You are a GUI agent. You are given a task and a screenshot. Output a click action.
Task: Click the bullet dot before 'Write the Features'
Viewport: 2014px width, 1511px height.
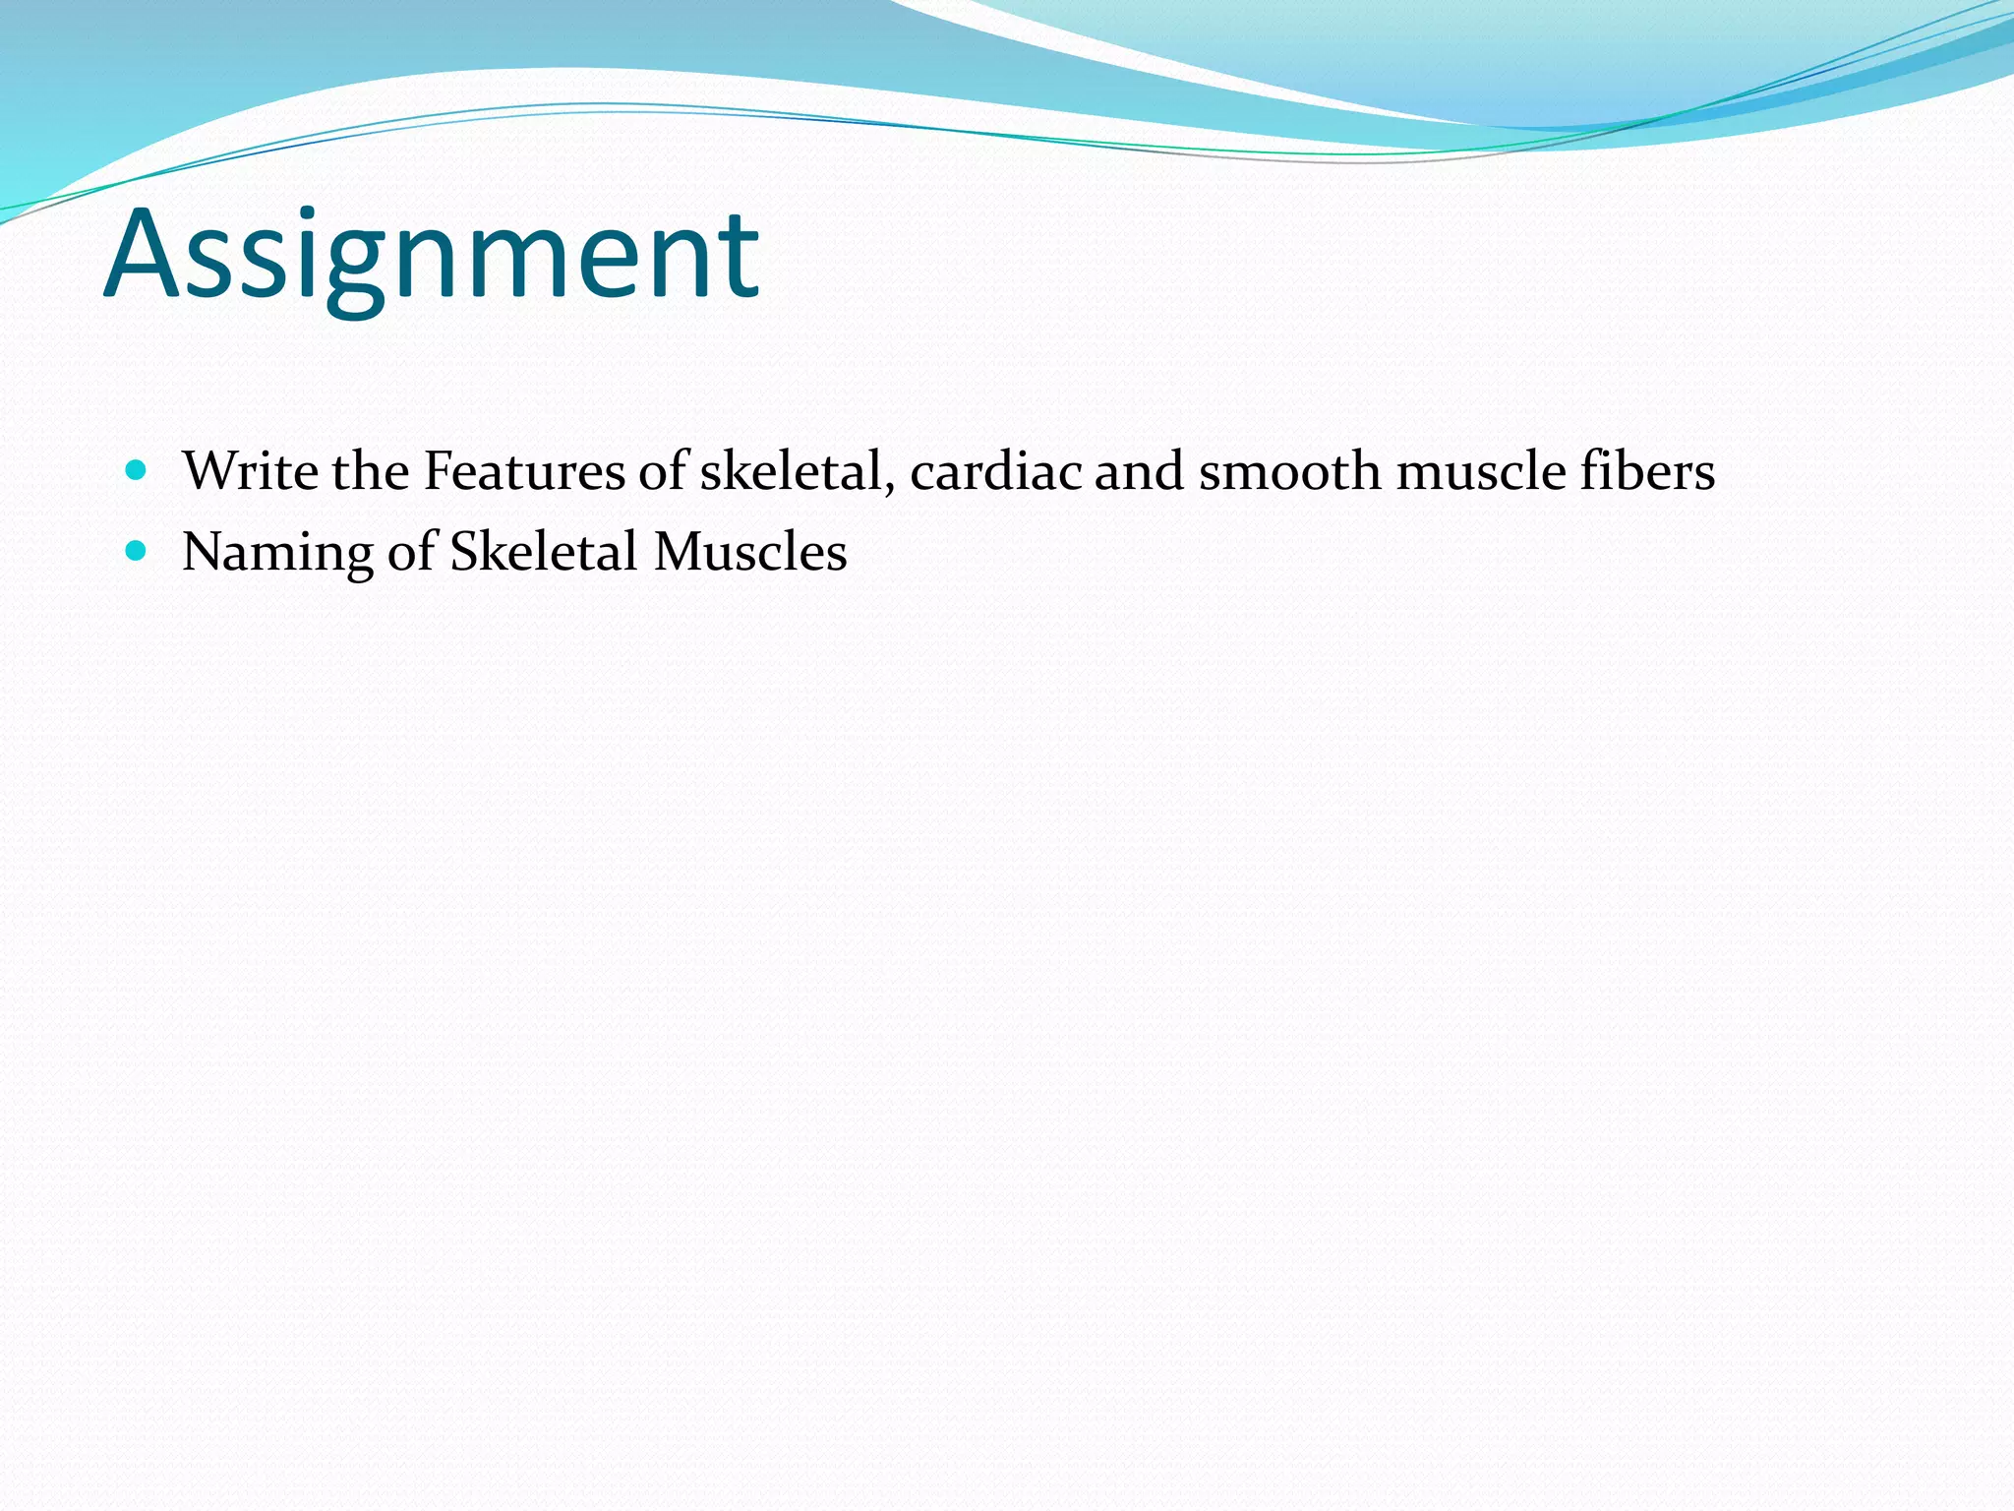click(x=137, y=470)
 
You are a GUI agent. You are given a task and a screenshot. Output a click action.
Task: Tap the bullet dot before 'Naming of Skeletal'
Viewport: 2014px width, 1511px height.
click(x=137, y=551)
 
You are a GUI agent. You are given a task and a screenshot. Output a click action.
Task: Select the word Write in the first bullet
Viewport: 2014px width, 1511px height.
click(x=250, y=471)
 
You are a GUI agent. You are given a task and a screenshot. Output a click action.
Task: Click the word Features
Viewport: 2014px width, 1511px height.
click(x=523, y=471)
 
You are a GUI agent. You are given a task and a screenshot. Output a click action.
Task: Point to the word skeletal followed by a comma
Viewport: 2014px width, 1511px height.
click(x=795, y=471)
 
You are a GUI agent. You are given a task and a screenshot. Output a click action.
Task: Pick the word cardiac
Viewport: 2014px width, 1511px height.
click(x=995, y=471)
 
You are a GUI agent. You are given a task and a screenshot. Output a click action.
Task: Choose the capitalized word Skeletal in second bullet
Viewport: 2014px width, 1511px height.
click(x=544, y=551)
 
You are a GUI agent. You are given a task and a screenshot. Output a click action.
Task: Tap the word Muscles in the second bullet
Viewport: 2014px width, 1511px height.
click(x=750, y=551)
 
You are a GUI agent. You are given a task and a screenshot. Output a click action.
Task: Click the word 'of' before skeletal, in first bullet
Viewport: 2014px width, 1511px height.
click(x=663, y=471)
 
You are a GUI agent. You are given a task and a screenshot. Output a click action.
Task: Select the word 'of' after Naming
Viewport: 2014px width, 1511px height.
click(x=411, y=551)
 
